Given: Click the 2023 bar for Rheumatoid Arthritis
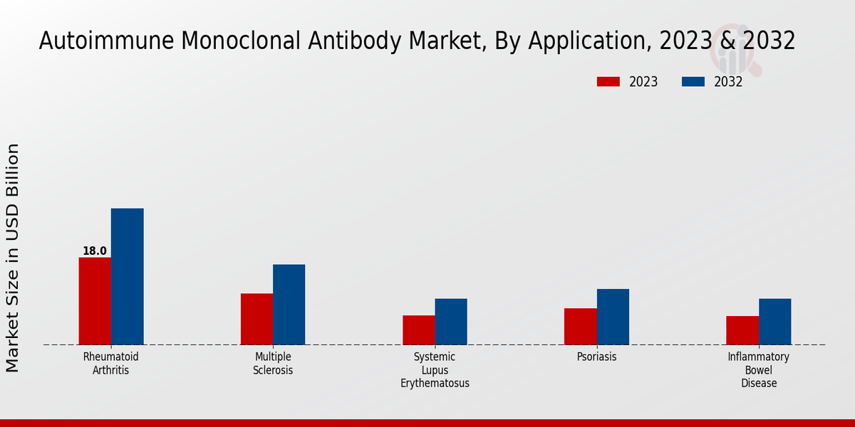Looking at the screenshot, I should coord(95,301).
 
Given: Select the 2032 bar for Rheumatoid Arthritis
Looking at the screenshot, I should coord(127,277).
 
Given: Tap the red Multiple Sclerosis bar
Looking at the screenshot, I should coord(256,319).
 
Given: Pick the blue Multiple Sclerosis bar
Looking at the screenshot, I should coord(289,305).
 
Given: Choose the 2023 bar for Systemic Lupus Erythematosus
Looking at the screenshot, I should coord(418,330).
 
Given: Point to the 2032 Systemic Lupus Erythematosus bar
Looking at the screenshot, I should coord(451,322).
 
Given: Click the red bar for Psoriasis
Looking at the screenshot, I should coord(580,327).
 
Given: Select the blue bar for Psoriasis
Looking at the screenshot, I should coord(613,317).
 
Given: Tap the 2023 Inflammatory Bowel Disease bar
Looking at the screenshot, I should coord(742,330).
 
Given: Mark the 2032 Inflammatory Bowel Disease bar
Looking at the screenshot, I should coord(774,322).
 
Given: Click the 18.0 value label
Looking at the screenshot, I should coord(95,251).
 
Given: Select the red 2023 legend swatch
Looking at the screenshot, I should coord(608,82).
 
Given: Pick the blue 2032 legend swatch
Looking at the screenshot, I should coord(693,82).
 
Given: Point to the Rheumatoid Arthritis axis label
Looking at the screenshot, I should coord(111,364).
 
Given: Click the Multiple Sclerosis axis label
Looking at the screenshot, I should coord(273,364).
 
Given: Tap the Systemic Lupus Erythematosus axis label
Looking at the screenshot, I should coord(435,370).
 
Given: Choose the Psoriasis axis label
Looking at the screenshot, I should coord(597,357).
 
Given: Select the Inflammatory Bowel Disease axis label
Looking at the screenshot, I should coord(759,370).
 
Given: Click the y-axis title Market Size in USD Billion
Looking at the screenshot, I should coord(13,258).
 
